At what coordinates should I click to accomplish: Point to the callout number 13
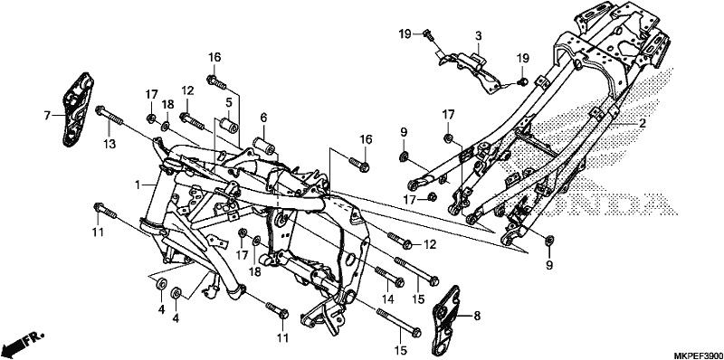109,144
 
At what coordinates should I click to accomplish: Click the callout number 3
479,36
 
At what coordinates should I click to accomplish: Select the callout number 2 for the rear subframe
642,123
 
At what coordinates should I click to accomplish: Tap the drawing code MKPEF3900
699,355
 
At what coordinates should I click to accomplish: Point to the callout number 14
388,299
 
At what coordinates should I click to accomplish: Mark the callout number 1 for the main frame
138,185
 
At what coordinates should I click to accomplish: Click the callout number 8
477,317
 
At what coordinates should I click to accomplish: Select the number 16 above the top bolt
214,58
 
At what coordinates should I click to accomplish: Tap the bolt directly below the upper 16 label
216,82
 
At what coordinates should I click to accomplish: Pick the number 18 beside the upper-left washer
167,104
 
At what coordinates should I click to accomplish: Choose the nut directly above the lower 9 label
549,240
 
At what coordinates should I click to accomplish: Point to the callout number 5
229,101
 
